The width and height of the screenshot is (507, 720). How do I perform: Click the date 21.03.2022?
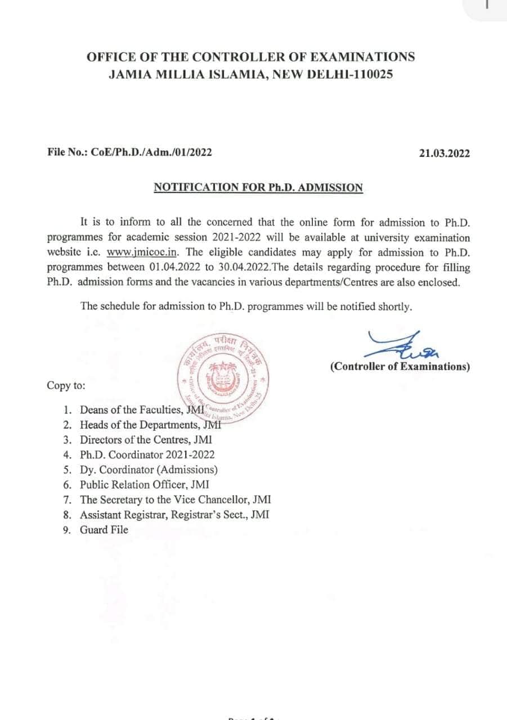click(444, 153)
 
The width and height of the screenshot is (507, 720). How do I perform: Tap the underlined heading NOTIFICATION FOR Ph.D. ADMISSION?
click(258, 188)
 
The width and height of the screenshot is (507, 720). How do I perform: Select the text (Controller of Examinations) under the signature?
click(400, 367)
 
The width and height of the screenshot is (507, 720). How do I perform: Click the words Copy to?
click(66, 386)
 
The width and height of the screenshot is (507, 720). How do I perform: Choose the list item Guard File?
click(104, 530)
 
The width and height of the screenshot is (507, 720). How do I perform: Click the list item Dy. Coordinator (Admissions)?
click(149, 470)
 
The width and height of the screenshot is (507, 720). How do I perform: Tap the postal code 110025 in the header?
click(371, 74)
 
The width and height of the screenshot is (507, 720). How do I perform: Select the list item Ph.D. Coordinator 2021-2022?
click(147, 454)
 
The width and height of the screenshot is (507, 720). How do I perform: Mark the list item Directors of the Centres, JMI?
click(146, 440)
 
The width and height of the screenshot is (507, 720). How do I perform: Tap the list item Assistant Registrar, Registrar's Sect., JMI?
click(174, 515)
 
